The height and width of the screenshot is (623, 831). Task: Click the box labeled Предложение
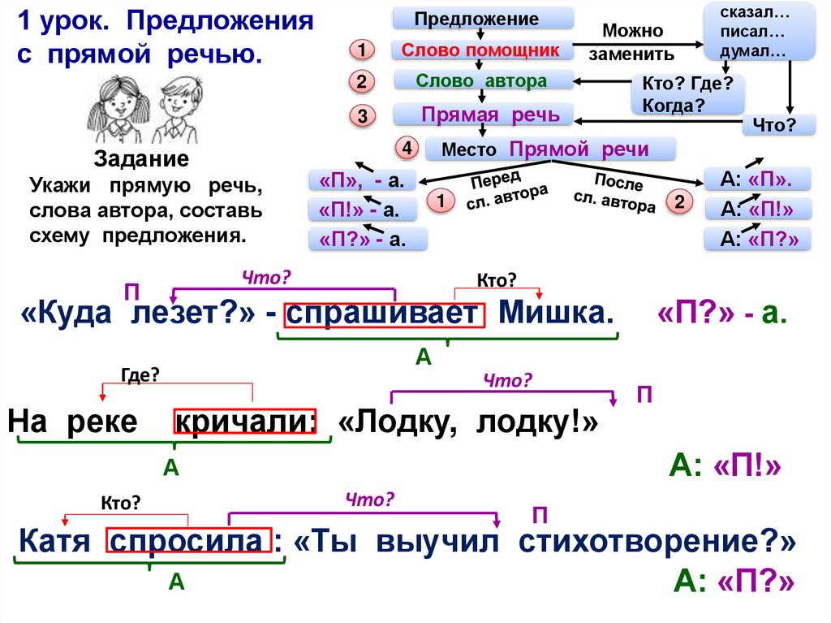[x=483, y=18]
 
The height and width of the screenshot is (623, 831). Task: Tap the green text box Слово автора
[x=483, y=80]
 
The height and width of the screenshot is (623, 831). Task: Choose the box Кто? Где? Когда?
[x=687, y=94]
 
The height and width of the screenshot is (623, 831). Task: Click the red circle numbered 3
[x=363, y=116]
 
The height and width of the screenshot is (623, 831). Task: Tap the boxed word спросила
[x=187, y=541]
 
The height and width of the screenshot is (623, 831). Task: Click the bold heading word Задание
[x=141, y=158]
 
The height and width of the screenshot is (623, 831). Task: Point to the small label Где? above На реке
[x=140, y=374]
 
